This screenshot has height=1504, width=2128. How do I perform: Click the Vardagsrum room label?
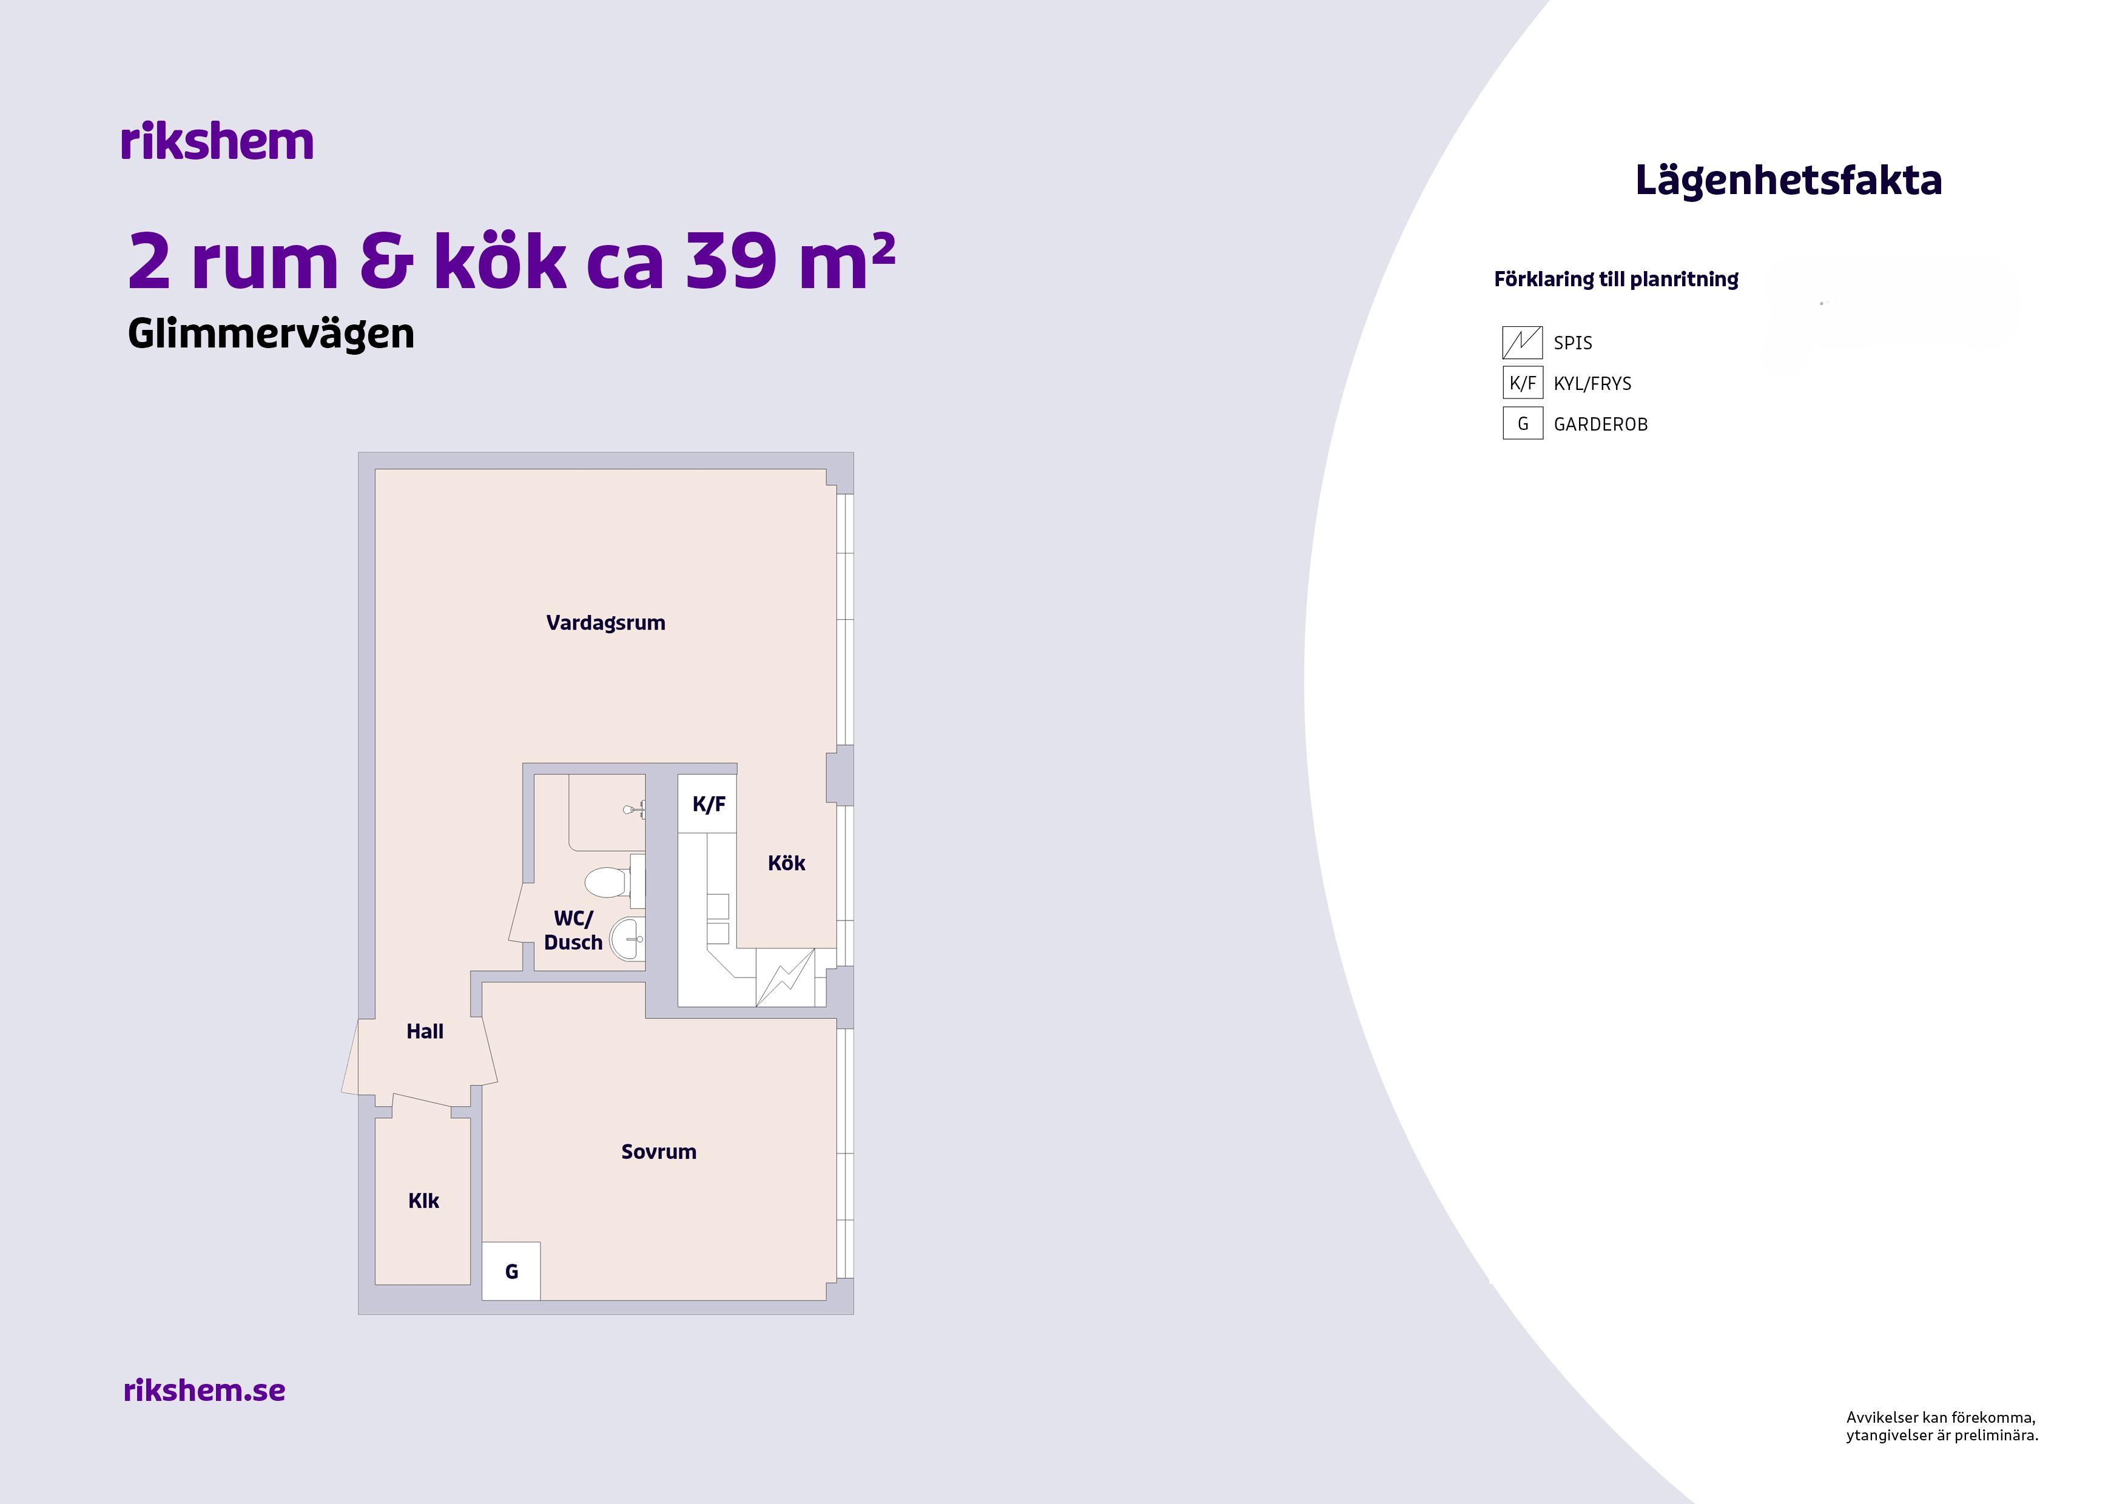pos(605,623)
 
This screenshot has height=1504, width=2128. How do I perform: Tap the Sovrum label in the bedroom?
pos(658,1152)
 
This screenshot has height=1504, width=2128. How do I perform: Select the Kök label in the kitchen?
pos(786,863)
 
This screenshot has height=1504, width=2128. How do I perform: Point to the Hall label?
pos(425,1032)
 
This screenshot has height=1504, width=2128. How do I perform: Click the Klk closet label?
pos(423,1201)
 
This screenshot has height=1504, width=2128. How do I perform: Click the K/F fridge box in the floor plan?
pos(708,804)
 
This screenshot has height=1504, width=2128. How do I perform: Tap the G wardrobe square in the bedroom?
pos(511,1271)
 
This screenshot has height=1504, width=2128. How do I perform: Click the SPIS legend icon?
pos(1522,342)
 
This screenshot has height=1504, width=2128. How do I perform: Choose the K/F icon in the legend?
pos(1522,383)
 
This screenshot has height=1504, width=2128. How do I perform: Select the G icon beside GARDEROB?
pos(1522,423)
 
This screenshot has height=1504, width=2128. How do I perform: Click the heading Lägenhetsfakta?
pos(1788,181)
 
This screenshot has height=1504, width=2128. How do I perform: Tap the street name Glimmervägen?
pos(271,334)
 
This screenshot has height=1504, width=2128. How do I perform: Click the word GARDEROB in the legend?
pos(1601,425)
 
